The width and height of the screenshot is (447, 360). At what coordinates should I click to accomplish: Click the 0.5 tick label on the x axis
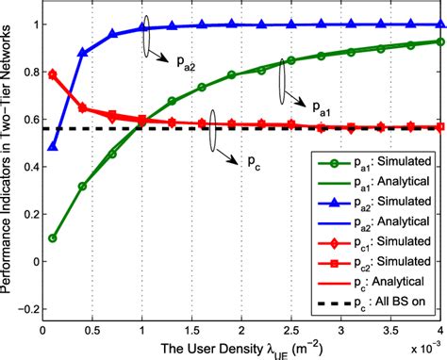92,331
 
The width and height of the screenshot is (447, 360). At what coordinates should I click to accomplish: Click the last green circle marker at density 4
440,41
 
